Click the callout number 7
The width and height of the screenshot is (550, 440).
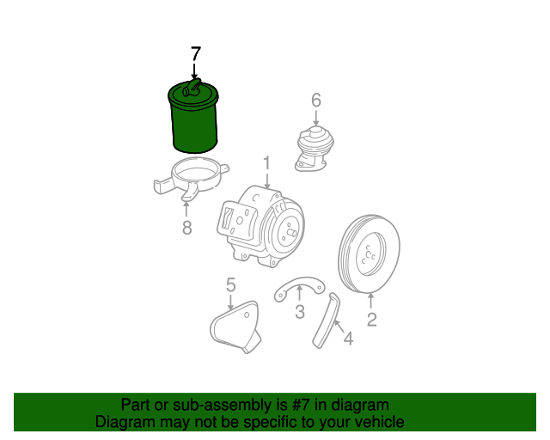pyautogui.click(x=196, y=54)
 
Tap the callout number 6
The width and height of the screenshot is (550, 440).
pyautogui.click(x=316, y=101)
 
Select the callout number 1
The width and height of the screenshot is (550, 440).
pyautogui.click(x=267, y=163)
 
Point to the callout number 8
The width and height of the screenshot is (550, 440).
pyautogui.click(x=187, y=228)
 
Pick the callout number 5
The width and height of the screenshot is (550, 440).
pyautogui.click(x=231, y=285)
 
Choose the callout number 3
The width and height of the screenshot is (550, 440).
pyautogui.click(x=300, y=312)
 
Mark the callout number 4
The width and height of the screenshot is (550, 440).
pyautogui.click(x=348, y=339)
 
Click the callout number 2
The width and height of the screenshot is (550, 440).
pyautogui.click(x=371, y=320)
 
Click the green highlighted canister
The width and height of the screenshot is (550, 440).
pyautogui.click(x=193, y=117)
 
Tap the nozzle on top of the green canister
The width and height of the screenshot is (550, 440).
pyautogui.click(x=192, y=88)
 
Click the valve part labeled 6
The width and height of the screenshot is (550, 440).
pyautogui.click(x=315, y=149)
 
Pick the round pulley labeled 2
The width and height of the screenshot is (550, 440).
pyautogui.click(x=370, y=254)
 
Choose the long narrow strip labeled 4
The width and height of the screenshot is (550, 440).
pyautogui.click(x=327, y=321)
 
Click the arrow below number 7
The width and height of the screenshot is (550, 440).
pyautogui.click(x=194, y=70)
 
